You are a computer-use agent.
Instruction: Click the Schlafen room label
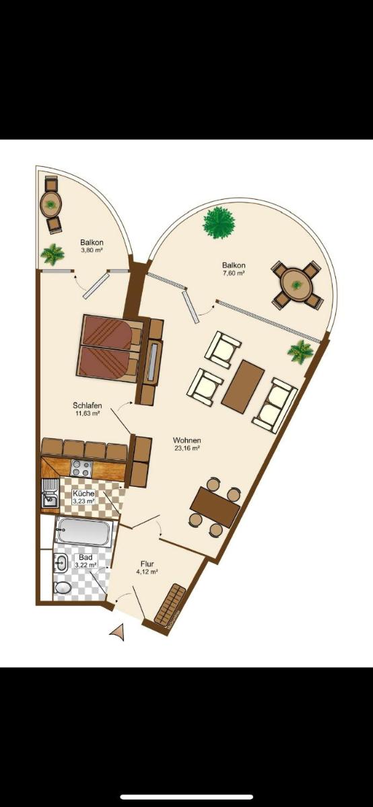[88, 406]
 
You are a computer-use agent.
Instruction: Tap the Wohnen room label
[187, 440]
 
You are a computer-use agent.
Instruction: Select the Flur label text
[147, 564]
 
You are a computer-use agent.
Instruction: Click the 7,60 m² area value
[234, 273]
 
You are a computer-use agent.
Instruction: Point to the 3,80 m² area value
[92, 250]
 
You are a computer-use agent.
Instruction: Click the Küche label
[83, 494]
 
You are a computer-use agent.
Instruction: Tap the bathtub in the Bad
[83, 532]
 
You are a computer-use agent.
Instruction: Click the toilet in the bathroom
[63, 588]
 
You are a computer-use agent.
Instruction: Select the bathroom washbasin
[61, 563]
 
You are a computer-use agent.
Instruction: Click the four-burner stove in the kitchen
[81, 468]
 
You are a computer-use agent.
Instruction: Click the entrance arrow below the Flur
[118, 633]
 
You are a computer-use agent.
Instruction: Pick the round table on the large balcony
[296, 285]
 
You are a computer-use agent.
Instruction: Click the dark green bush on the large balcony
[219, 224]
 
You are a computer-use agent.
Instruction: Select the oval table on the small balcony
[51, 204]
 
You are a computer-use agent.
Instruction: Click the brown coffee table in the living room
[243, 386]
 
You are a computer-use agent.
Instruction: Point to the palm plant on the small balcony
[53, 254]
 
